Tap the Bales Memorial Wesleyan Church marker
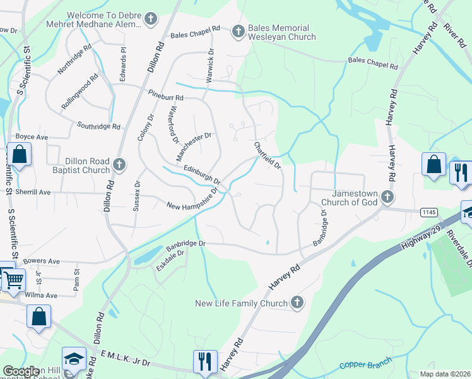coord(239,31)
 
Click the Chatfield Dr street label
coord(267,155)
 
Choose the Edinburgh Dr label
coord(202,174)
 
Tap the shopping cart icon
coord(13,278)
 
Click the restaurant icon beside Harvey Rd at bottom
coord(206,361)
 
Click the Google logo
coord(21,371)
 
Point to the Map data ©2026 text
coord(445,373)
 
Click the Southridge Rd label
coord(98,126)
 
